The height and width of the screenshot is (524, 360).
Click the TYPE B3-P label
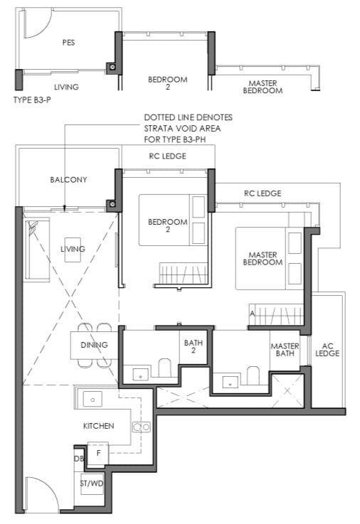tap(32, 100)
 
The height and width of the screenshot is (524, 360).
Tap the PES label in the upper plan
tap(68, 43)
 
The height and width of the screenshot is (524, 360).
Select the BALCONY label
tap(68, 180)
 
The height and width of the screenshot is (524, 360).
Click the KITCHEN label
tap(99, 426)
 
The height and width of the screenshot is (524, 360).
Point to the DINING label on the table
tap(94, 345)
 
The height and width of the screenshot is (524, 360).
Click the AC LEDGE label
tap(327, 350)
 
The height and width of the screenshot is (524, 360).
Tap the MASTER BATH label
tap(285, 350)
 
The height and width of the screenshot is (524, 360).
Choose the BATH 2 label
tap(194, 346)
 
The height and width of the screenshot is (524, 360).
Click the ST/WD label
tap(92, 483)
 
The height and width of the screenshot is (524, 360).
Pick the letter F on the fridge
tap(98, 454)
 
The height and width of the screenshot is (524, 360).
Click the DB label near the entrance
tap(79, 459)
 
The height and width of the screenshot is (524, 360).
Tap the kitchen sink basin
tap(92, 400)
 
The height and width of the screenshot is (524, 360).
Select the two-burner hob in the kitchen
tap(142, 427)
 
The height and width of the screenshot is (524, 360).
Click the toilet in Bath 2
tap(164, 368)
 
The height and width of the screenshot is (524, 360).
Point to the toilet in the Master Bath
tap(253, 375)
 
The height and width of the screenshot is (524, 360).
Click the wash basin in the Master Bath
tap(231, 382)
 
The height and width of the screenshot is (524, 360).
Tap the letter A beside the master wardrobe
tap(253, 314)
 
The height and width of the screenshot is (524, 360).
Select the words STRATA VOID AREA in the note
tap(182, 128)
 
